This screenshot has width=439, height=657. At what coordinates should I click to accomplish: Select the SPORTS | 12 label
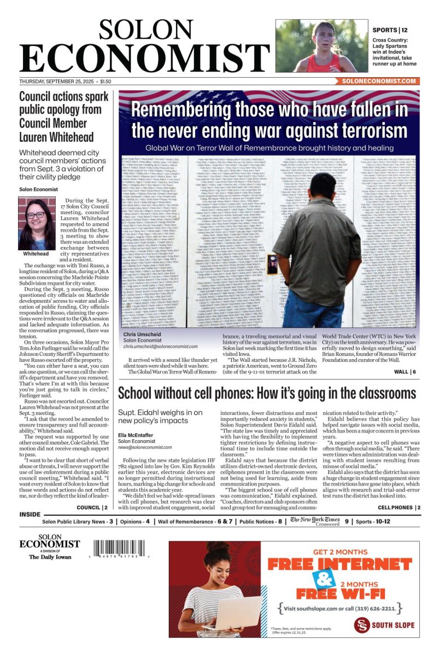[x=390, y=30]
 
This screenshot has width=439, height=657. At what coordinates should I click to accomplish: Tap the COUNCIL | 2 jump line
[x=92, y=508]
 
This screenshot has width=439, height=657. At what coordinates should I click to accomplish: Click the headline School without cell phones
[x=267, y=394]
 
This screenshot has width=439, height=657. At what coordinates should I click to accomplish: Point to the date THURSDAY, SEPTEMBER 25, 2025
[x=61, y=81]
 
